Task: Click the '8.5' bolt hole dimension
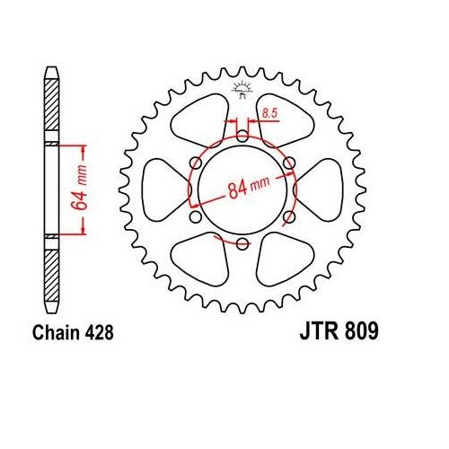coord(269,114)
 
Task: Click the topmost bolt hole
coord(242,136)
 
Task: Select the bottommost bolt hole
coord(242,243)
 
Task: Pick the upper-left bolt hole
coord(196,163)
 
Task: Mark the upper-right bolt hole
coord(289,163)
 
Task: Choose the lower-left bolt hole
coord(196,216)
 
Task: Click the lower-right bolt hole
coord(289,216)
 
